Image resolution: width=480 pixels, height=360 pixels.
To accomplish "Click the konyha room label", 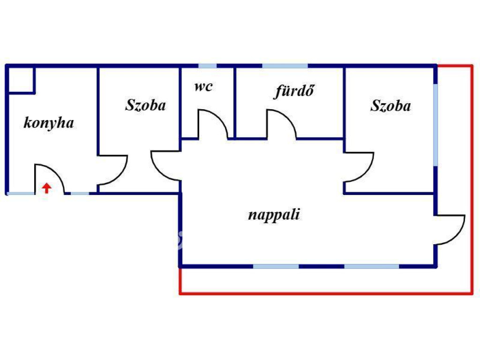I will point(49,123).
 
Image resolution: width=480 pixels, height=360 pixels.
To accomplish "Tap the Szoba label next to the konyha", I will point(145,105).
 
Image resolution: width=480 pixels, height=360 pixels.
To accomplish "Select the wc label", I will point(203,87).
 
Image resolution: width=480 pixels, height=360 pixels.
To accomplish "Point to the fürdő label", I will point(293,91).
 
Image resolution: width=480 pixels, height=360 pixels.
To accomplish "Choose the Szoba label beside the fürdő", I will point(390,106).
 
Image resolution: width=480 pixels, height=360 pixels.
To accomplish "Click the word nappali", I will point(274,215).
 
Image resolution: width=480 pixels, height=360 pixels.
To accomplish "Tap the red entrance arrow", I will point(46,188).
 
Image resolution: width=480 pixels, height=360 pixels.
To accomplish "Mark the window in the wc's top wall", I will point(207,66).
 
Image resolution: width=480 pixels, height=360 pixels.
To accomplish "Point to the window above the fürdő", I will point(285,66).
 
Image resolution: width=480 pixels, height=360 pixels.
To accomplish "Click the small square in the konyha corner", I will point(21,80).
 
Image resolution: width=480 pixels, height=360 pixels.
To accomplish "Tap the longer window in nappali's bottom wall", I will point(371,266).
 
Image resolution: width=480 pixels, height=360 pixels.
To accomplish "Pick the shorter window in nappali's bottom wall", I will point(276,266).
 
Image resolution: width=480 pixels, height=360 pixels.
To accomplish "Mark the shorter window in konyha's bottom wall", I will point(80,193).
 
